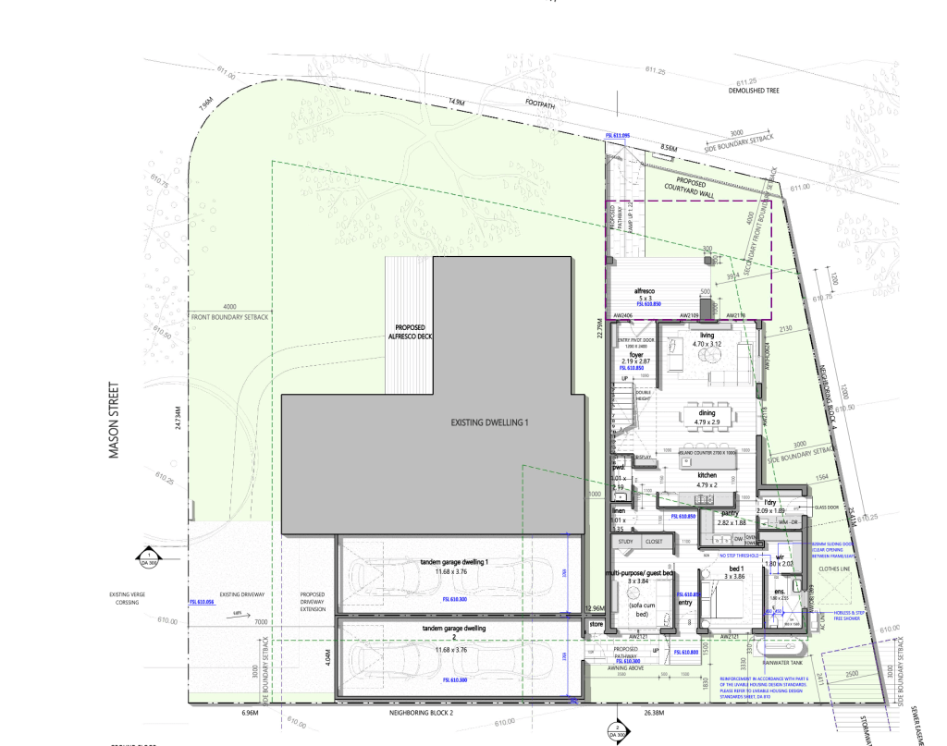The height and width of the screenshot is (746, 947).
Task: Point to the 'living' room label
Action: (707, 336)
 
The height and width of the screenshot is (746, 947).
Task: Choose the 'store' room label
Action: (596, 626)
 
